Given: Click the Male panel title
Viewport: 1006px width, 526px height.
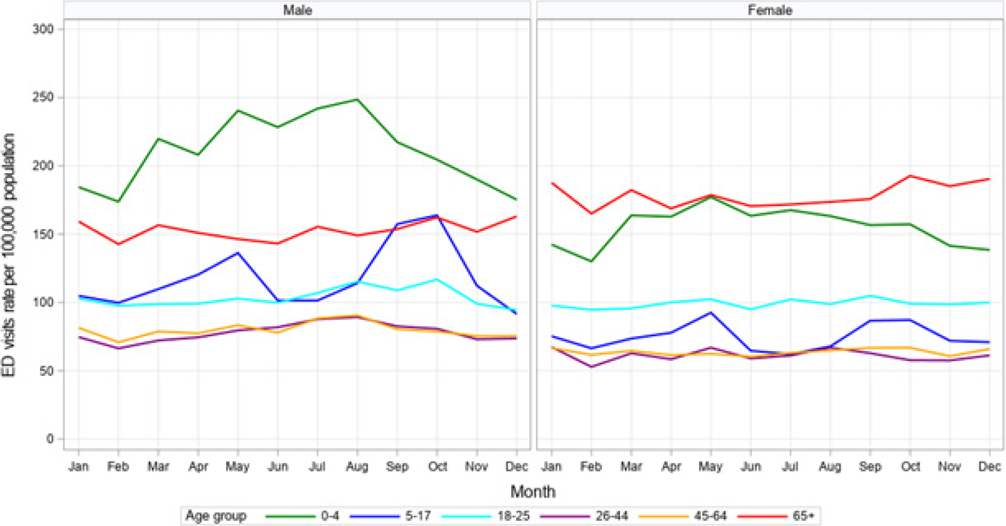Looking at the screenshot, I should pyautogui.click(x=297, y=10).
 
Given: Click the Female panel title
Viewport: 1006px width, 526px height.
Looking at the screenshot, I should pyautogui.click(x=770, y=10).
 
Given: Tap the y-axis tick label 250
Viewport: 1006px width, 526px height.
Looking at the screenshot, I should pyautogui.click(x=43, y=98).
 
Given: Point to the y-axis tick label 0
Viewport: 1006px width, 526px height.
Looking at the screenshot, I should pyautogui.click(x=50, y=439).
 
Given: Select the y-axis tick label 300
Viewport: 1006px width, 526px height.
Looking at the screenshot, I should pyautogui.click(x=43, y=29).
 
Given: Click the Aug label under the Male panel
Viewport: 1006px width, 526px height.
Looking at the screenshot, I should pyautogui.click(x=357, y=466).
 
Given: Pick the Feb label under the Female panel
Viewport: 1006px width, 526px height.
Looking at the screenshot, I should pyautogui.click(x=591, y=466).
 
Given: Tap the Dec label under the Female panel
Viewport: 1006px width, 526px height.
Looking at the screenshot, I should pyautogui.click(x=989, y=466).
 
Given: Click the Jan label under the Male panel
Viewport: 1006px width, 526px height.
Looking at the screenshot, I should pyautogui.click(x=79, y=466).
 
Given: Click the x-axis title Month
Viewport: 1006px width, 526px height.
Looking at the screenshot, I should pyautogui.click(x=533, y=492).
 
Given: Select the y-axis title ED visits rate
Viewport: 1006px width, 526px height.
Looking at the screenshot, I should pyautogui.click(x=9, y=255).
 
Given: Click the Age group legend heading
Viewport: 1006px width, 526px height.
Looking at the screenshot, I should pyautogui.click(x=216, y=516).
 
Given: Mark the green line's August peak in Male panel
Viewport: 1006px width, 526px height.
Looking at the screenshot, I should pyautogui.click(x=357, y=99).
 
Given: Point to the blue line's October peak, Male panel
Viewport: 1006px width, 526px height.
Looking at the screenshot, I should pyautogui.click(x=437, y=216).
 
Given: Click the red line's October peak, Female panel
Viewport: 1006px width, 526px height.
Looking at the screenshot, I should pyautogui.click(x=910, y=176).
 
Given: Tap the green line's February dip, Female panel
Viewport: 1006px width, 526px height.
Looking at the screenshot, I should pyautogui.click(x=591, y=261).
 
